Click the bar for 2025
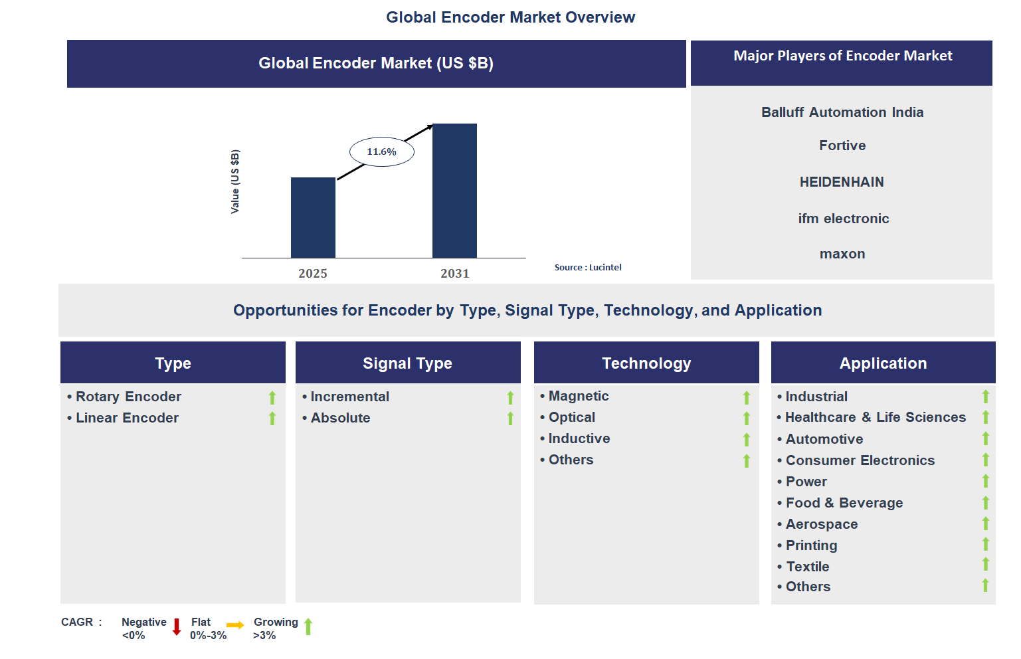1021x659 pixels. click(x=313, y=217)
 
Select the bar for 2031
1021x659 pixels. click(x=454, y=191)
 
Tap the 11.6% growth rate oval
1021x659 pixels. click(x=382, y=152)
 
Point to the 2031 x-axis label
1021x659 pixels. click(x=454, y=274)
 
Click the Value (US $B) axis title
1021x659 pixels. click(x=235, y=181)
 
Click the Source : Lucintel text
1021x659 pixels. click(x=588, y=268)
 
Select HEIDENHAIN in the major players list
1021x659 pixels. click(x=842, y=182)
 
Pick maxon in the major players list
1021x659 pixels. click(x=842, y=254)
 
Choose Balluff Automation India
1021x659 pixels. click(x=842, y=112)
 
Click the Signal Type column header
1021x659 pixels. click(x=407, y=363)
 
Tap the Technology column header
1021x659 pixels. click(x=646, y=363)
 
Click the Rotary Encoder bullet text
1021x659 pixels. click(x=128, y=397)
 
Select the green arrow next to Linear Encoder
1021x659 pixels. click(x=272, y=419)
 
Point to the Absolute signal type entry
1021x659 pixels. click(x=340, y=418)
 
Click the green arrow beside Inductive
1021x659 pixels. click(x=747, y=440)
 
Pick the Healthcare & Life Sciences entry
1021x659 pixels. click(x=876, y=417)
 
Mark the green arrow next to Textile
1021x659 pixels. click(x=986, y=565)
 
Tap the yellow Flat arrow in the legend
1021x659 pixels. click(x=235, y=625)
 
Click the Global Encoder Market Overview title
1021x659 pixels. click(x=510, y=17)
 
